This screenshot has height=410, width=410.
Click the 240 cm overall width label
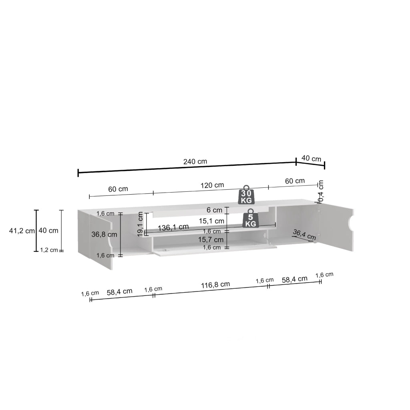coord(195,161)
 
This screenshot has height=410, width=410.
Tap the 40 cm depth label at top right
coord(311,158)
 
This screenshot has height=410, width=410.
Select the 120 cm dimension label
coord(212,185)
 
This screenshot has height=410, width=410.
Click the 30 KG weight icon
coord(246,195)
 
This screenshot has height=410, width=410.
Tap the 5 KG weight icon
coord(251,218)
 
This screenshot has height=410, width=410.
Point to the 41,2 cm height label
coord(22,231)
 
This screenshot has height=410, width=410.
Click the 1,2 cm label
coord(49,250)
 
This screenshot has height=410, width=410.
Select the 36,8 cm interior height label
coord(104,234)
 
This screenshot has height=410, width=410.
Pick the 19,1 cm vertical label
coord(141,224)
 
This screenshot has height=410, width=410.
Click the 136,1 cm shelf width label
coord(173,227)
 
